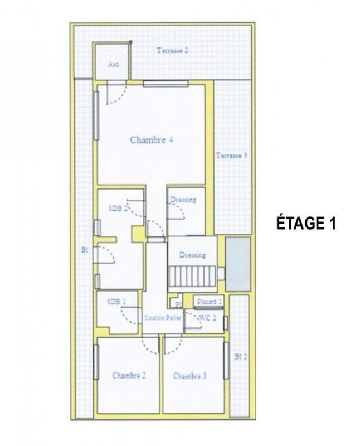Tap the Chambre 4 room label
[x=151, y=140]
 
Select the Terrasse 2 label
[x=172, y=50]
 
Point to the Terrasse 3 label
[x=231, y=156]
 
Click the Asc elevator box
[x=113, y=62]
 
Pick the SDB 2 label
[x=118, y=208]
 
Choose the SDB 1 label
[x=116, y=301]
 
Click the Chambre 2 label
[x=129, y=375]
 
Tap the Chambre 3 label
[x=190, y=376]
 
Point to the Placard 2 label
[x=210, y=302]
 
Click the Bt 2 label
[x=240, y=356]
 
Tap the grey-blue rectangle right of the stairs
[x=238, y=264]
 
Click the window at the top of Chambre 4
[x=166, y=84]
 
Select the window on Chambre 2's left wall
[x=96, y=362]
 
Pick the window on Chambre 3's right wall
[x=226, y=360]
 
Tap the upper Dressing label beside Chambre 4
[x=183, y=200]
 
